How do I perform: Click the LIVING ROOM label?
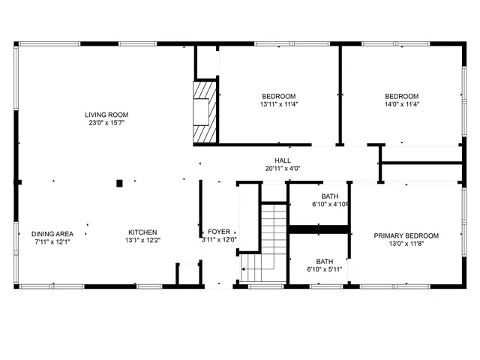click(105, 115)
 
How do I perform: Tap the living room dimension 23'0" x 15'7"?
click(105, 122)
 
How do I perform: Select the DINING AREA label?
click(52, 233)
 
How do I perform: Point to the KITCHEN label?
click(142, 232)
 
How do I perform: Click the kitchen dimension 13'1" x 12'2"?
click(142, 240)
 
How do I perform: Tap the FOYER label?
click(219, 232)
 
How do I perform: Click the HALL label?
click(283, 160)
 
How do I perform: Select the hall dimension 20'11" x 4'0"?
click(283, 168)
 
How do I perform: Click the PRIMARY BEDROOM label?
click(406, 235)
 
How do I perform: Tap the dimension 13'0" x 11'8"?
click(406, 244)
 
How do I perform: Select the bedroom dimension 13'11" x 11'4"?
click(278, 104)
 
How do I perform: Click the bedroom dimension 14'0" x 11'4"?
click(401, 104)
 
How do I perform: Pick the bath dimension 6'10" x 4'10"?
click(328, 204)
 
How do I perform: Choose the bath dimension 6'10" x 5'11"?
click(324, 269)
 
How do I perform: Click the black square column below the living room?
click(118, 182)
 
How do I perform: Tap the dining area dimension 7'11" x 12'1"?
click(52, 241)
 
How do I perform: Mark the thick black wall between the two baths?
click(319, 229)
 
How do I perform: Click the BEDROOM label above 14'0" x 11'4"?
click(401, 96)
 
